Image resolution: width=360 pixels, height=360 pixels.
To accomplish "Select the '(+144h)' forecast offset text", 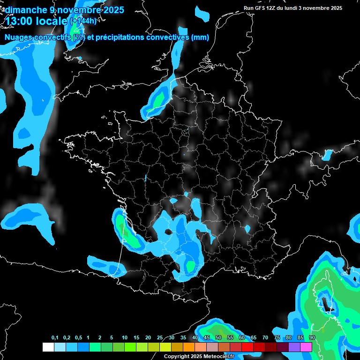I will click(83, 21).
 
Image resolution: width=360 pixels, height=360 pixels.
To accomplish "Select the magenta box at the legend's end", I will click(306, 347).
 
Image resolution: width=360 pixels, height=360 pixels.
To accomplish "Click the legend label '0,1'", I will click(55, 338).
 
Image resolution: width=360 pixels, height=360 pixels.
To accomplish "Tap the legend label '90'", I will click(312, 338).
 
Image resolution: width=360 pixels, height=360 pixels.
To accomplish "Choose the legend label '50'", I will click(218, 338).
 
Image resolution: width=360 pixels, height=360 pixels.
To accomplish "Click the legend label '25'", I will click(160, 338).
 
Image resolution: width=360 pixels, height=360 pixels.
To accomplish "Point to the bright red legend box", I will click(247, 347).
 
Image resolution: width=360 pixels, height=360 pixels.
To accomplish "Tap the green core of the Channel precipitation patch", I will click(159, 98).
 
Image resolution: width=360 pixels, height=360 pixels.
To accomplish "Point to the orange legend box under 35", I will click(189, 347).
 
